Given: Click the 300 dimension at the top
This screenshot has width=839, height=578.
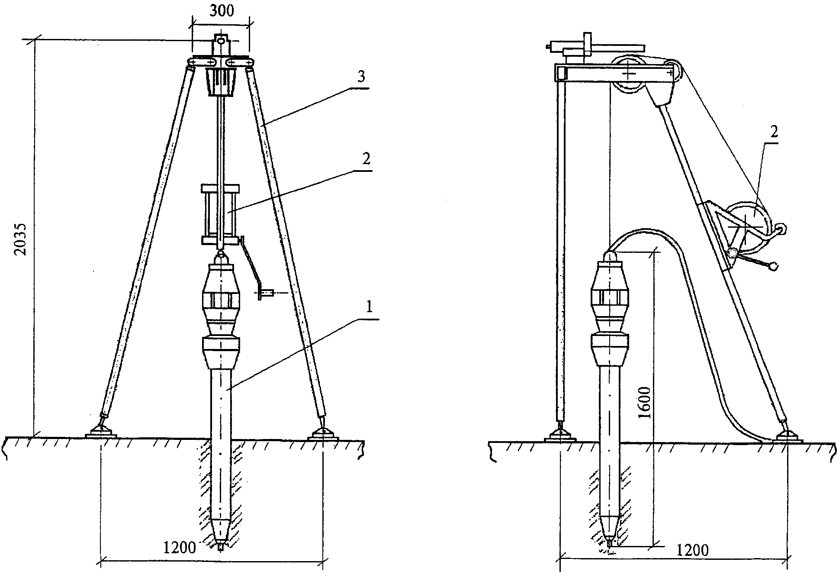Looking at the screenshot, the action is coord(221,10).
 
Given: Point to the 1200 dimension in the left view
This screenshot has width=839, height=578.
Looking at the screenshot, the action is coord(179,549).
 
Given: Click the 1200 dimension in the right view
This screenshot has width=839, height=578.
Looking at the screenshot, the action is coord(692,550).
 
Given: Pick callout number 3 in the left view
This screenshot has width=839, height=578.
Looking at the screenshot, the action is coord(361,77).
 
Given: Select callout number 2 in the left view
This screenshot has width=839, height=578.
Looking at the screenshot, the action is coord(366,160).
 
